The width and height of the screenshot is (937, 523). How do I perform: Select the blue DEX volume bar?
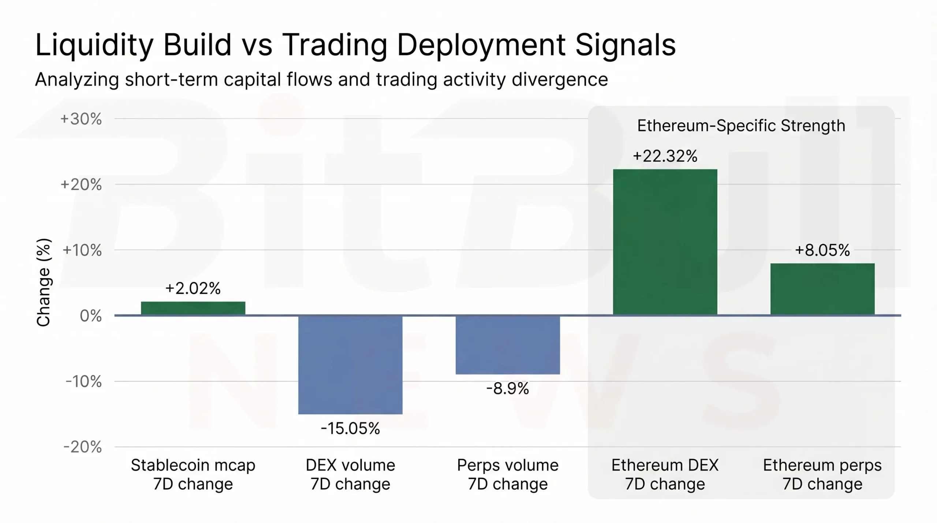[350, 365]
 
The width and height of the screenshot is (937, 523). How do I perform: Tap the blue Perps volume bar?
[508, 345]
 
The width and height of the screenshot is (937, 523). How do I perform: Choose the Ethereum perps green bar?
[822, 289]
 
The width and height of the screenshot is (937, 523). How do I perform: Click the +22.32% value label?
[665, 156]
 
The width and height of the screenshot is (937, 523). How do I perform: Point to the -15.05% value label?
[350, 429]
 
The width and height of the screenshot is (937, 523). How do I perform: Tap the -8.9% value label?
[508, 389]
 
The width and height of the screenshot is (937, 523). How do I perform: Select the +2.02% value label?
[193, 288]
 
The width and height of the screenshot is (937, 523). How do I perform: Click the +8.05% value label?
[822, 250]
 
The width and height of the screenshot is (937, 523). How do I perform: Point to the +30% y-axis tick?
[81, 119]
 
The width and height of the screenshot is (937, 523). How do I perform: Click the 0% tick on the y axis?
[90, 316]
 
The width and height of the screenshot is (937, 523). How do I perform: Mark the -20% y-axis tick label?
[83, 447]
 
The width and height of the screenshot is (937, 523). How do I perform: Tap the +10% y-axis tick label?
[82, 250]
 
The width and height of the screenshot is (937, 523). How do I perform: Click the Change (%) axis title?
[44, 282]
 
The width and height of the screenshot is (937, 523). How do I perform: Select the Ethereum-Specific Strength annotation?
[741, 126]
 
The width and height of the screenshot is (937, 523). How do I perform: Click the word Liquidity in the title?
[94, 45]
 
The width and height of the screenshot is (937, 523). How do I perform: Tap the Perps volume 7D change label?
[508, 474]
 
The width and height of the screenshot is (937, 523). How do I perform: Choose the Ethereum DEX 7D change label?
[665, 474]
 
